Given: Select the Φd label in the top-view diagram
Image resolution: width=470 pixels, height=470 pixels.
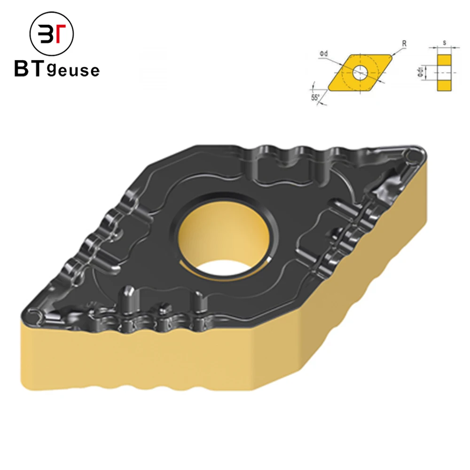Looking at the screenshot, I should [323, 55].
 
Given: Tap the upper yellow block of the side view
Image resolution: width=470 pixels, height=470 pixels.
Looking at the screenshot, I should [443, 60].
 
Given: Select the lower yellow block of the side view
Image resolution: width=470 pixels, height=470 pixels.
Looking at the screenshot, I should [443, 86].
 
